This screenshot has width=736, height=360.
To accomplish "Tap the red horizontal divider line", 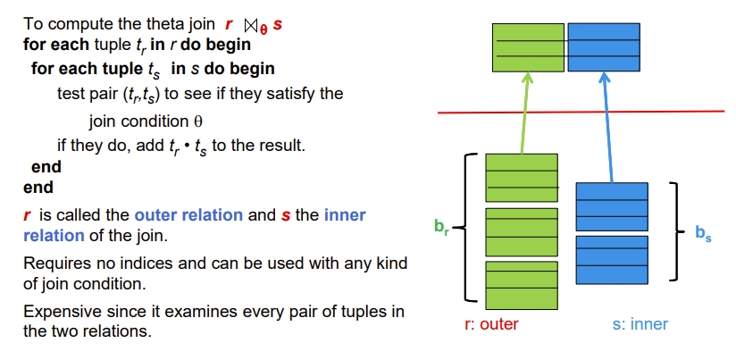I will click(x=581, y=112).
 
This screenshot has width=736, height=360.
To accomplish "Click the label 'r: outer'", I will click(x=491, y=324).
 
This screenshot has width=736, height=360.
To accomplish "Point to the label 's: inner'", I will click(x=640, y=324).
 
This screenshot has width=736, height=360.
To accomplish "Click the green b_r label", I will click(x=440, y=226).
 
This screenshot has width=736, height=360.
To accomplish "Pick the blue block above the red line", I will click(x=604, y=47).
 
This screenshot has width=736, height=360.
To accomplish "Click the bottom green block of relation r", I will click(x=521, y=285).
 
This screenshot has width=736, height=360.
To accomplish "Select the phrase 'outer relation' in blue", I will click(x=188, y=215).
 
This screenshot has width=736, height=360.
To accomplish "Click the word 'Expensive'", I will click(x=61, y=312).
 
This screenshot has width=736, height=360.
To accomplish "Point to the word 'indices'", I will click(x=158, y=264).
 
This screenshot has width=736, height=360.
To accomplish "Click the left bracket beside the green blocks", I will click(x=465, y=227).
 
